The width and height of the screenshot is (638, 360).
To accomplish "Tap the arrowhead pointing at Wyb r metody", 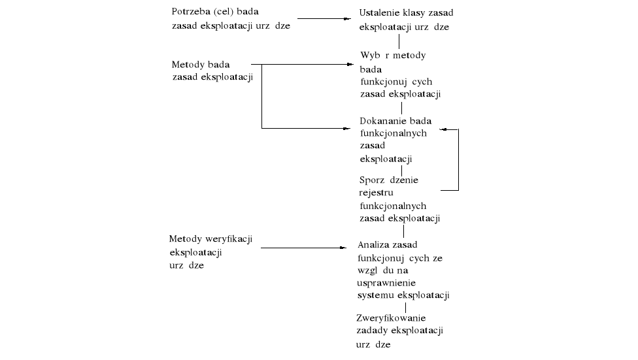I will [348, 65].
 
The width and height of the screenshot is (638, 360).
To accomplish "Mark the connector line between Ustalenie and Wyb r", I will [399, 42].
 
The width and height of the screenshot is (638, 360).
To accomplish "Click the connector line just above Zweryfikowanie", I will [405, 307].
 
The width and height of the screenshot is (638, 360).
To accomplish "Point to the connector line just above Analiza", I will [403, 231].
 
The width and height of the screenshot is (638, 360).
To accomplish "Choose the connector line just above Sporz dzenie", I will [401, 171].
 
